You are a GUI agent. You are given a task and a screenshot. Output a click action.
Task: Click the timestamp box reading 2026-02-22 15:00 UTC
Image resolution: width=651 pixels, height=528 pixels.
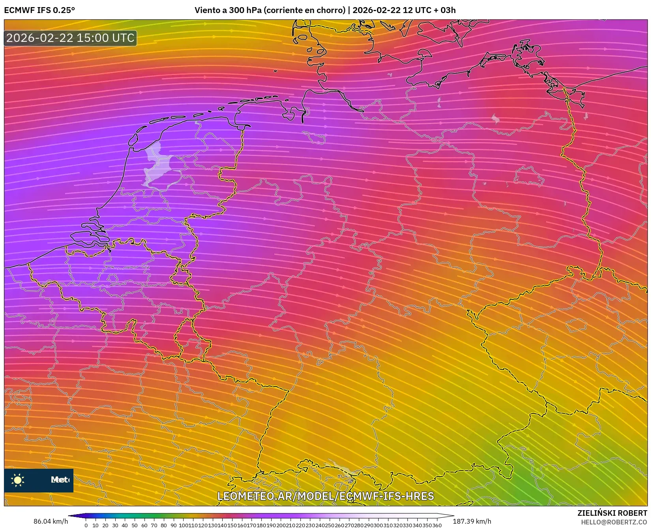[x=70, y=38]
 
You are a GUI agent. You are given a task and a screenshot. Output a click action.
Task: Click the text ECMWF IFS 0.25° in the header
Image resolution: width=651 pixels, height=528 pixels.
[x=39, y=10]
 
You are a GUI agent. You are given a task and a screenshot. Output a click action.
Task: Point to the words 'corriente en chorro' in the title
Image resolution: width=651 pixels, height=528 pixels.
[x=304, y=10]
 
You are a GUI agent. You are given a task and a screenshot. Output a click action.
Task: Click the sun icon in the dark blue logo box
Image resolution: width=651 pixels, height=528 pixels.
[x=18, y=480]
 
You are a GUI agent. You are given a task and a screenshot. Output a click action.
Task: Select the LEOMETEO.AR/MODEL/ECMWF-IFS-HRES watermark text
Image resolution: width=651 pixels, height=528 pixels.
[x=326, y=496]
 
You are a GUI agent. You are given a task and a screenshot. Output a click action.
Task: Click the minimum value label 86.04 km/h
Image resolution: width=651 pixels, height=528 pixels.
[x=51, y=521]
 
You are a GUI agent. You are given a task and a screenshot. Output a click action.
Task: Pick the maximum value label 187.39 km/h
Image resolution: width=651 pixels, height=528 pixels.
[x=472, y=521]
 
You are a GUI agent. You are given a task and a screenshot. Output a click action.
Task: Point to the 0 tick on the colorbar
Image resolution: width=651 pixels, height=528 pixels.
[x=86, y=525]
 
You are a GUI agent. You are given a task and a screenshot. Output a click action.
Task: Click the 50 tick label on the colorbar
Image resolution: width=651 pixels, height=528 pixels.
[x=135, y=525]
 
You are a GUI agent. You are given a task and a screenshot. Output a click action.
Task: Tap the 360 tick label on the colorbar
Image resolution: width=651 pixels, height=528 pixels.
[x=437, y=525]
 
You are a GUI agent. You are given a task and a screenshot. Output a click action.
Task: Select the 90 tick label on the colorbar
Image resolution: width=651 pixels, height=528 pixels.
[x=173, y=525]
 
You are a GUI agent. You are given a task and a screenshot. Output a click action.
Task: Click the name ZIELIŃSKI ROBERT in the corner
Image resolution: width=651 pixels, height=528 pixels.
[x=612, y=513]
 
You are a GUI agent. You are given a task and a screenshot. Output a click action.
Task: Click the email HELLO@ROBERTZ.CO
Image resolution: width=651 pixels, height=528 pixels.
[x=614, y=522]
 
